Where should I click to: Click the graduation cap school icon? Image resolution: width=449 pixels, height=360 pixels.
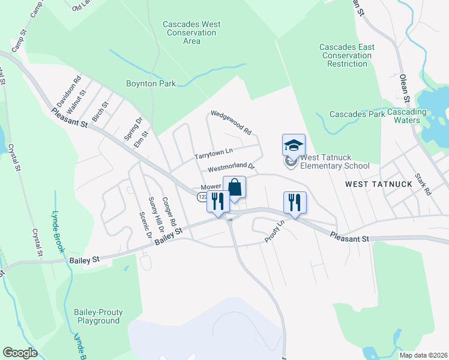(294, 145)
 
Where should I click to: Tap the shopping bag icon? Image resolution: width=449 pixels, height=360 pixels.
(234, 187)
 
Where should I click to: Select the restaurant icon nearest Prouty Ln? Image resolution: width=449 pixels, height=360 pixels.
(295, 202)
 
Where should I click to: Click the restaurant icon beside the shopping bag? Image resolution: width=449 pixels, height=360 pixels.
(218, 202)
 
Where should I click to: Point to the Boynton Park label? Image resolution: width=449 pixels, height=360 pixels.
(151, 84)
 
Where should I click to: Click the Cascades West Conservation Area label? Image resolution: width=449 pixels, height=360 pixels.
(191, 33)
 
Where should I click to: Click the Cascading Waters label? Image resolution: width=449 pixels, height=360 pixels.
(407, 116)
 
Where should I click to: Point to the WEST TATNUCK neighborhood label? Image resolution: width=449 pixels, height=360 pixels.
(379, 184)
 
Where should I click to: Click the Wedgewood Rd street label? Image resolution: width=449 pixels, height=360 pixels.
(231, 122)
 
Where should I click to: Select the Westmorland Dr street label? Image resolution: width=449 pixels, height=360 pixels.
(232, 169)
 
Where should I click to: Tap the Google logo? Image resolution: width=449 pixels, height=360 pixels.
(20, 353)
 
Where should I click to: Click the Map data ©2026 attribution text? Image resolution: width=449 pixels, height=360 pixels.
(423, 355)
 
